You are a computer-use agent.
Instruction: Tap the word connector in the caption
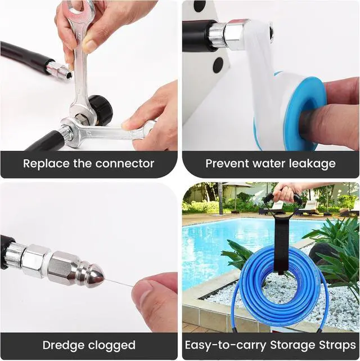(x=125, y=163)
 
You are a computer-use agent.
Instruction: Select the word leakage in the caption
(x=312, y=164)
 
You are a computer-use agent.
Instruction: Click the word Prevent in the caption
(x=227, y=163)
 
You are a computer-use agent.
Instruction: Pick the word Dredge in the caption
(x=63, y=345)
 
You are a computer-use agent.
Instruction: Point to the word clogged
(x=112, y=345)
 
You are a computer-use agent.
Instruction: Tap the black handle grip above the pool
(x=283, y=198)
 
